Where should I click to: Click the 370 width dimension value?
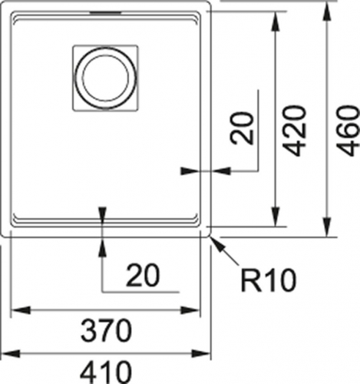click(x=106, y=331)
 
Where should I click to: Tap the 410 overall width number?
click(x=106, y=372)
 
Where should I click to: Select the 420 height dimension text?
click(x=294, y=131)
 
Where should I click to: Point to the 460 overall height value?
click(x=348, y=131)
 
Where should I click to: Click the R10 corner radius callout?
click(x=269, y=281)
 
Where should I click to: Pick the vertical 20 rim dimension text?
click(x=242, y=128)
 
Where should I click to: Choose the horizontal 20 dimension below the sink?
click(x=143, y=275)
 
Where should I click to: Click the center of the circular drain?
click(x=105, y=78)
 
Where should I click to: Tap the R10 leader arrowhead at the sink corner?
click(x=216, y=243)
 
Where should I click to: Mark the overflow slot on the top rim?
click(x=105, y=12)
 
